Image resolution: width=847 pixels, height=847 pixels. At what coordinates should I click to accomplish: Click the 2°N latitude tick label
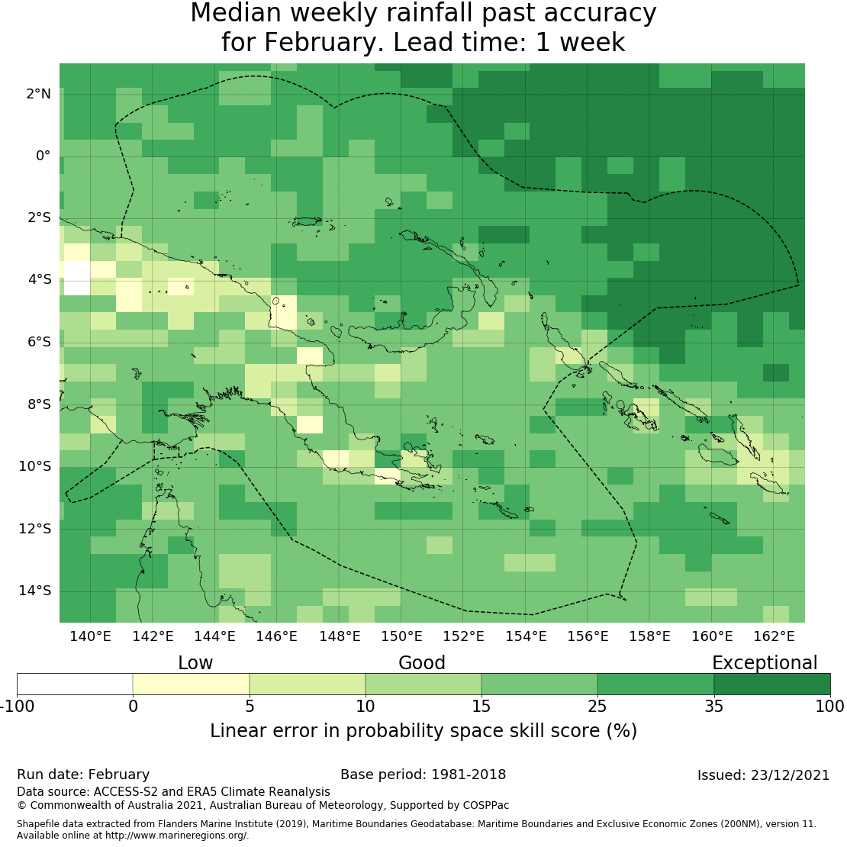coord(38,94)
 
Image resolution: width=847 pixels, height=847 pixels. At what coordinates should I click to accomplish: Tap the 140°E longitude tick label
coord(91,636)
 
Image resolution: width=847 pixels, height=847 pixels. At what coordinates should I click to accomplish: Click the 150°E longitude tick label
coord(401,636)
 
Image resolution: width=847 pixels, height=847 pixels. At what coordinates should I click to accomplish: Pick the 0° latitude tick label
coord(43,156)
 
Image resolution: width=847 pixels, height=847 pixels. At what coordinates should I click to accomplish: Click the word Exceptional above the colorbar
coord(765,662)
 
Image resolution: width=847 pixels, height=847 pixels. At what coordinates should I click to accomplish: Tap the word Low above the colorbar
coord(195,662)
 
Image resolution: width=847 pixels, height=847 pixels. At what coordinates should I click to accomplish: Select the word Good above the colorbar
coord(422,662)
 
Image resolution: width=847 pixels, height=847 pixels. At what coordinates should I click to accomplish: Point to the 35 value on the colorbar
coord(713,706)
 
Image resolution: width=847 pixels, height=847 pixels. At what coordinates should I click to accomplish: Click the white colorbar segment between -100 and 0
coord(75,684)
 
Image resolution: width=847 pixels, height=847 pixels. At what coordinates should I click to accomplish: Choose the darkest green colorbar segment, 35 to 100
coord(771,684)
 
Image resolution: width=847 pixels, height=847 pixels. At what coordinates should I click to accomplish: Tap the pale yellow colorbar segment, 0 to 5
coord(191,684)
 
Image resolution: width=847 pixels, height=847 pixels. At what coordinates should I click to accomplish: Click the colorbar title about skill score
coord(423,730)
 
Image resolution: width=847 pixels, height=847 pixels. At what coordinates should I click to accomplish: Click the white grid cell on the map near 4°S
coord(76,278)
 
